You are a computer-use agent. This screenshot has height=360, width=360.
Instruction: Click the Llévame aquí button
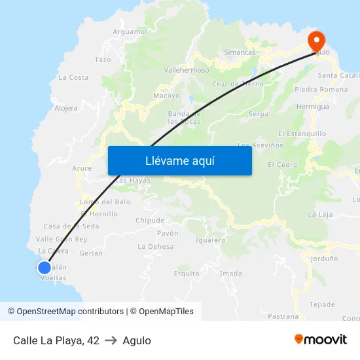(x=179, y=160)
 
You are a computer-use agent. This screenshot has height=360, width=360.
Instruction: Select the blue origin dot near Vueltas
(x=45, y=267)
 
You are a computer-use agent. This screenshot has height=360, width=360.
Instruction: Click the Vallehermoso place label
(x=186, y=70)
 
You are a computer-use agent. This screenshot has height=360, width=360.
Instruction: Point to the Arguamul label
(x=130, y=31)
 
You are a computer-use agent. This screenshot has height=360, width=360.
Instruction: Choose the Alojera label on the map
(x=66, y=108)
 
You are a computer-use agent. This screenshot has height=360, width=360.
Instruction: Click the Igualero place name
(x=211, y=240)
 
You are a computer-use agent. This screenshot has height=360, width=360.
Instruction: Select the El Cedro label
(x=282, y=165)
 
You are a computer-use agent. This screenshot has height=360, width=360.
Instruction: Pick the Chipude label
(x=150, y=221)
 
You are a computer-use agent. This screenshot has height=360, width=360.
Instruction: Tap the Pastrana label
(x=283, y=316)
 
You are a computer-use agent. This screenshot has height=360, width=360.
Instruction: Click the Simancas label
(x=240, y=52)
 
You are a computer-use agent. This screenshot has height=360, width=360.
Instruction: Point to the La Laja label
(x=321, y=214)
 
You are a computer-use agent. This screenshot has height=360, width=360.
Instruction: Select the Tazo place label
(x=103, y=60)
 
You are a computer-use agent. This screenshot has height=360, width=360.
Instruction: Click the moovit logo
(x=320, y=340)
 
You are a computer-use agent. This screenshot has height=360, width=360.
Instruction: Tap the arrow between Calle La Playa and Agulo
(x=111, y=340)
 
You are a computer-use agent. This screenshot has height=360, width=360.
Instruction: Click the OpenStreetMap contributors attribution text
(x=65, y=312)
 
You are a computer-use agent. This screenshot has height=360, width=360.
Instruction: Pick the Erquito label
(x=187, y=274)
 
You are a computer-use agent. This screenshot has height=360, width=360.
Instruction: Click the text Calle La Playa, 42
(x=56, y=340)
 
